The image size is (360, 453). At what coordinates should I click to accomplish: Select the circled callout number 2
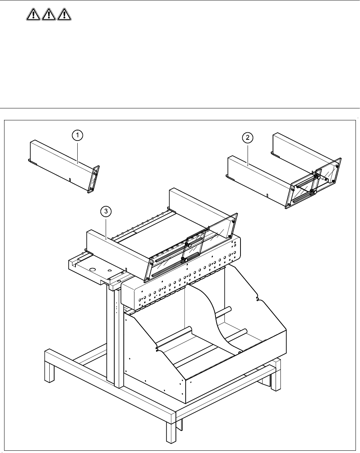(247, 138)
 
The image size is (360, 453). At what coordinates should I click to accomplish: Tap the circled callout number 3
(106, 212)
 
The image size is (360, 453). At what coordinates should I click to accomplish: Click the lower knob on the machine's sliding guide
(183, 259)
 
